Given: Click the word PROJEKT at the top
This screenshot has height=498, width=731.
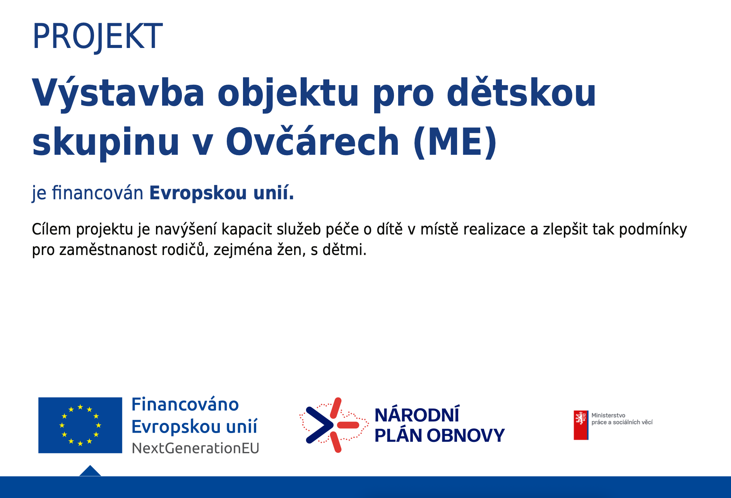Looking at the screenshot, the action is (98, 36).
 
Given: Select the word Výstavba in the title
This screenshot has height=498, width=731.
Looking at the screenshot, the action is (118, 93).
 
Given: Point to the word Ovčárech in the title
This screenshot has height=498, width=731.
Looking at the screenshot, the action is (312, 141).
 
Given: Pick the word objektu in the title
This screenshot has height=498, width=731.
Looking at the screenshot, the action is (288, 93).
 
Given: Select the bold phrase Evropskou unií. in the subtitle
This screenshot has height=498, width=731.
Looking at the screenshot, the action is (222, 193).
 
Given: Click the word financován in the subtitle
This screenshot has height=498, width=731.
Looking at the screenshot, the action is (98, 193).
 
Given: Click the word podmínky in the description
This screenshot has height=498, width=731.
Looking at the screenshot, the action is (653, 230).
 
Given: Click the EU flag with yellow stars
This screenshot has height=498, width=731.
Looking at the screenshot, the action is (80, 425).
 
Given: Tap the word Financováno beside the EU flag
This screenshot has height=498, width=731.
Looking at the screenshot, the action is (185, 404).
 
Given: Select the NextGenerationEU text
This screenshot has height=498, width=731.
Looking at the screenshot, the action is (195, 448).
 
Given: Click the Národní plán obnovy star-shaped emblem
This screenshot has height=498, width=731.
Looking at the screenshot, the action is (334, 425).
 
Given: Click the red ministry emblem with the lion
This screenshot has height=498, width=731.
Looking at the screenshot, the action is (581, 425).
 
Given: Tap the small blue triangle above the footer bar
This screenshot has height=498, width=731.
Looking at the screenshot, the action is (90, 471).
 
